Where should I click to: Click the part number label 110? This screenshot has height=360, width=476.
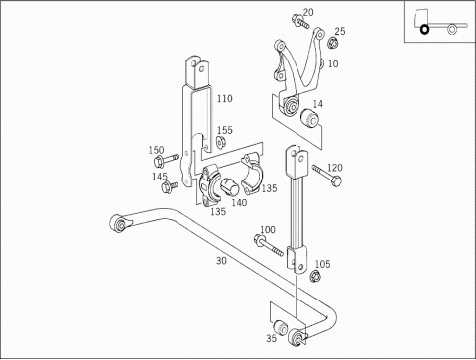225,98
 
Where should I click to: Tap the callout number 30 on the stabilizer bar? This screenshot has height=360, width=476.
221,261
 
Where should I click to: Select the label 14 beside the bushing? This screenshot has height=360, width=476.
318,104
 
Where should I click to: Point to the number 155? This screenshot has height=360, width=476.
225,130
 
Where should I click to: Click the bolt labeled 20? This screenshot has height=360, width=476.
300,21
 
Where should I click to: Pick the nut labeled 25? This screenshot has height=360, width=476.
332,43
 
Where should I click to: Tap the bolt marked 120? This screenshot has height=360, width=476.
327,176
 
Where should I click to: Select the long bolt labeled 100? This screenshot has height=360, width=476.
269,245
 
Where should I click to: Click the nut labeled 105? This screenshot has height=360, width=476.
315,276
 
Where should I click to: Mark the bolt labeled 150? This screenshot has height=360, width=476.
166,160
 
